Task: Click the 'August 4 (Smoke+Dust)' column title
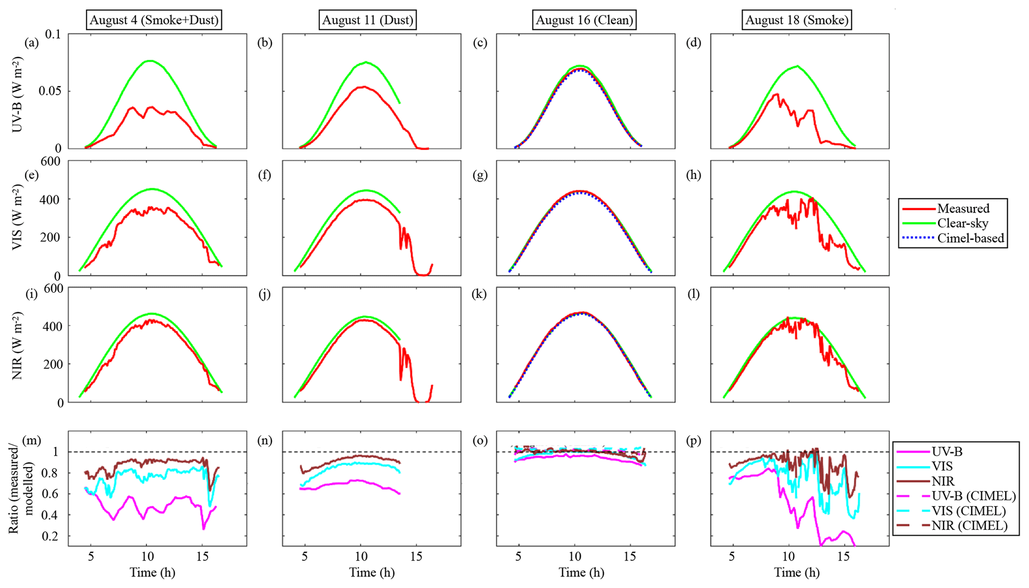[154, 20]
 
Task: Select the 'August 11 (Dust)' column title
[367, 20]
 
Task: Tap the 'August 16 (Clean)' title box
[584, 20]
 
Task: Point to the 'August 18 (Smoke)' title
[797, 20]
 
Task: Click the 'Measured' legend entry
[963, 209]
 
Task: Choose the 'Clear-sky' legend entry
[962, 224]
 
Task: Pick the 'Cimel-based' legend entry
[970, 238]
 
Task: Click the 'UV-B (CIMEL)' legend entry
[973, 496]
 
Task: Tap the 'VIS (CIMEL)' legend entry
[968, 511]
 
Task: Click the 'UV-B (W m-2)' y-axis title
[17, 95]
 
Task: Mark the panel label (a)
[32, 43]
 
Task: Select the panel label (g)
[480, 175]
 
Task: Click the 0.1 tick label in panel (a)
[52, 34]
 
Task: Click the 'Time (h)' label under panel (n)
[371, 573]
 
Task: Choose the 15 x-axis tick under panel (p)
[843, 557]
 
